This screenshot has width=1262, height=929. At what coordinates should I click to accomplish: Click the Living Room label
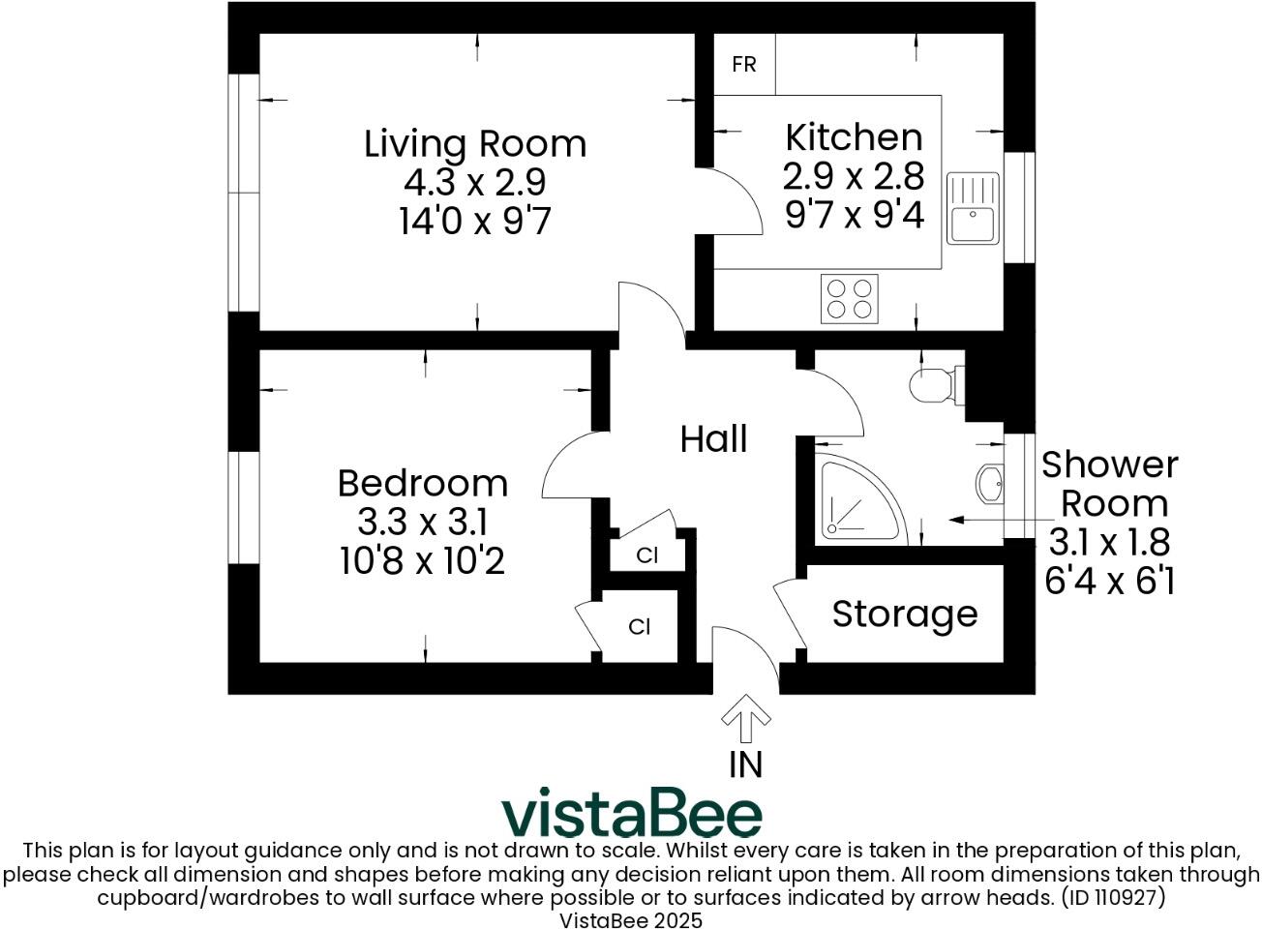(x=475, y=144)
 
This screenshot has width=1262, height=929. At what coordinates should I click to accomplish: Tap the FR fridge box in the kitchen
(x=744, y=65)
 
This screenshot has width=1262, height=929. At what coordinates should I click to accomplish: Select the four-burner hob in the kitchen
(x=850, y=298)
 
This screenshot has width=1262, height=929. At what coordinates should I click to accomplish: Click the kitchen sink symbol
(x=973, y=209)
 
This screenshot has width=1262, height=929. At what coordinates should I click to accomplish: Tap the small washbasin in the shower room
(x=990, y=483)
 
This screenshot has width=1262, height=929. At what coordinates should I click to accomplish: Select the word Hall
(x=713, y=439)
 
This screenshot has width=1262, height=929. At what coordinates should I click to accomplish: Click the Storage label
(x=905, y=614)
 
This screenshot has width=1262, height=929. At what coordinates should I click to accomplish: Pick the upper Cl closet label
(x=647, y=555)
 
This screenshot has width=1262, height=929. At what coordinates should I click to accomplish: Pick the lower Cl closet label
(x=640, y=627)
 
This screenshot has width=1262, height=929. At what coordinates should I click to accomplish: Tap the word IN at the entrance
(x=745, y=764)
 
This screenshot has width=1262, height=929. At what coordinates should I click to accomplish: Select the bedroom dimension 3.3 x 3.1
(x=422, y=523)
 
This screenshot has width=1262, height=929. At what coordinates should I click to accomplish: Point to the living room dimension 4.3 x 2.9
(x=475, y=182)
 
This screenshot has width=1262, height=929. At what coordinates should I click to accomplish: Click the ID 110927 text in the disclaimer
(x=1113, y=897)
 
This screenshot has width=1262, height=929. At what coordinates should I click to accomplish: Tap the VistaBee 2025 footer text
(x=631, y=919)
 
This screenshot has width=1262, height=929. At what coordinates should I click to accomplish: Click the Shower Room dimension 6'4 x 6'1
(x=1109, y=581)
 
